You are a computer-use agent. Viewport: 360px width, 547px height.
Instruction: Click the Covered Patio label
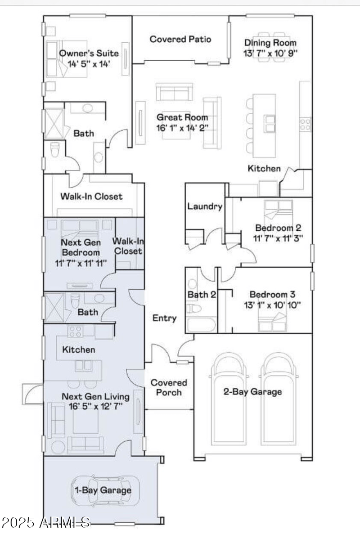tap(180, 39)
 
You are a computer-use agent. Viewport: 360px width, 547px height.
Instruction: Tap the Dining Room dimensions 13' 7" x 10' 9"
tap(270, 53)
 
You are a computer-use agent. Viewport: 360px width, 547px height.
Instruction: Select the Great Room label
tap(182, 117)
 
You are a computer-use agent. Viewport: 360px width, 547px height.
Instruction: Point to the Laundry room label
tap(205, 206)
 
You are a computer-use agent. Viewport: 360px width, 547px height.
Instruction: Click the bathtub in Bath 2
tap(201, 324)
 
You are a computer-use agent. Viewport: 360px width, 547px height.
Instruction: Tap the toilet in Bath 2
tap(194, 309)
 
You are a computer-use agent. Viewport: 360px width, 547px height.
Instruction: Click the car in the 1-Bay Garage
tap(105, 490)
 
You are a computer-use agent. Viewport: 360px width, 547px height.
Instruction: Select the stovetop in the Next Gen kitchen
tap(75, 332)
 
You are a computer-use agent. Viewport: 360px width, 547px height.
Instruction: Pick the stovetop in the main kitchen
tap(306, 124)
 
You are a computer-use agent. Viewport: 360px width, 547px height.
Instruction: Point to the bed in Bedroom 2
tap(279, 211)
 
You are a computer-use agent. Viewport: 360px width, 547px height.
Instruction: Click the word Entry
tap(164, 318)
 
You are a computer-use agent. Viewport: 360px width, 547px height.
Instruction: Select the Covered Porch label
tap(169, 387)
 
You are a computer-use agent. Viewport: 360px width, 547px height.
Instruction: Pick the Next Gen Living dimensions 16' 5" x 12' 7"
tap(95, 406)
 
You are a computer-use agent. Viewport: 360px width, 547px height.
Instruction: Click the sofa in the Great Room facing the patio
tap(175, 92)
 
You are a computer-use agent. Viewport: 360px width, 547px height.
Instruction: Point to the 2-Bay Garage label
tap(253, 392)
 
